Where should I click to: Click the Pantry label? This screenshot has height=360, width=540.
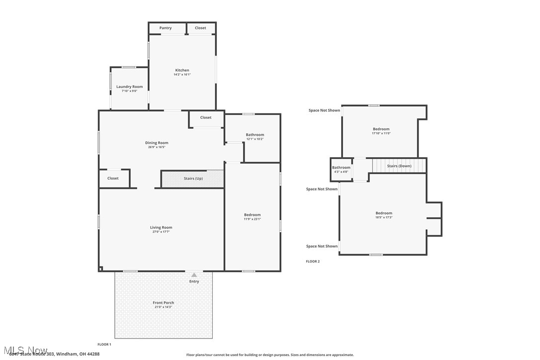(166, 28)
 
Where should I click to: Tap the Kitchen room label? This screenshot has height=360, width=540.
(182, 70)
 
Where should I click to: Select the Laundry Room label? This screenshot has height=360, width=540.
(129, 87)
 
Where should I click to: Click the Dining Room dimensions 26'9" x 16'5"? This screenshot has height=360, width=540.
(157, 147)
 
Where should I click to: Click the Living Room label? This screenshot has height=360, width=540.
(161, 227)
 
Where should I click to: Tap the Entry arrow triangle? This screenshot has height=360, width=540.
(194, 275)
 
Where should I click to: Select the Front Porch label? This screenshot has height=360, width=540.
(163, 302)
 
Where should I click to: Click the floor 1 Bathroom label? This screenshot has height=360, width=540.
(255, 135)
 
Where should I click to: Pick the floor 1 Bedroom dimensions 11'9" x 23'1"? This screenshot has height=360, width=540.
(252, 219)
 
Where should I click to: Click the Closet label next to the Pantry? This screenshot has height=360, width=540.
(200, 28)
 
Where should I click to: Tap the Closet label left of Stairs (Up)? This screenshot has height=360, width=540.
(113, 178)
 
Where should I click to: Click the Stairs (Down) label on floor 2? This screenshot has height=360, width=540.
(399, 166)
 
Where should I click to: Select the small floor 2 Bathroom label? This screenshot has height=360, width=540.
(341, 168)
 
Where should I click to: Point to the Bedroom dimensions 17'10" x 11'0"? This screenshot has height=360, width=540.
(381, 133)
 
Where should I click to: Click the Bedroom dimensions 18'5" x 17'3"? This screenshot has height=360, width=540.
(383, 217)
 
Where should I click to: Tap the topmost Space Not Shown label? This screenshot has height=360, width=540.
(324, 110)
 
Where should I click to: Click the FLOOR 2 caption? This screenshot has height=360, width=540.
(313, 261)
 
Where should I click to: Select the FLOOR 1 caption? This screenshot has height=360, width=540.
(104, 344)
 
